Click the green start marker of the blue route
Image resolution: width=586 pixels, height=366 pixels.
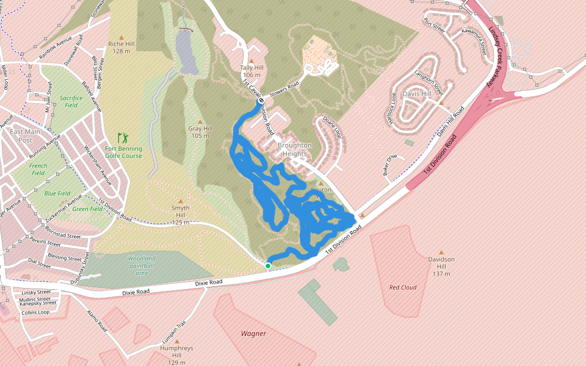(268, 266)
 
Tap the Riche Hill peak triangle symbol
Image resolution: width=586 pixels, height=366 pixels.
(121, 37)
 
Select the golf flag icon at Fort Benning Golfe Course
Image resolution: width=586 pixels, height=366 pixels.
(123, 138)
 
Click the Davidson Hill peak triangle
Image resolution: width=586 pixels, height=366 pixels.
(441, 251)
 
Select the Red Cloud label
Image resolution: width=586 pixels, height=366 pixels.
(403, 287)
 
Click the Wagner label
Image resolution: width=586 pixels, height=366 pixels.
(253, 334)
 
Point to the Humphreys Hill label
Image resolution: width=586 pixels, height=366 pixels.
(176, 351)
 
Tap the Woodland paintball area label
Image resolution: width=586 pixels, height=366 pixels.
(142, 265)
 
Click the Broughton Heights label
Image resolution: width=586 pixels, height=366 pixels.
(295, 149)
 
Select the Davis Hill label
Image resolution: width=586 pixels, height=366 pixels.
(417, 94)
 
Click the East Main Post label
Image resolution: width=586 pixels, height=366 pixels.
(25, 136)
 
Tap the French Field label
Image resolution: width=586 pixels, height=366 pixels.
(38, 169)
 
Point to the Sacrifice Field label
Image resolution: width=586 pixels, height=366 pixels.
(71, 101)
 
